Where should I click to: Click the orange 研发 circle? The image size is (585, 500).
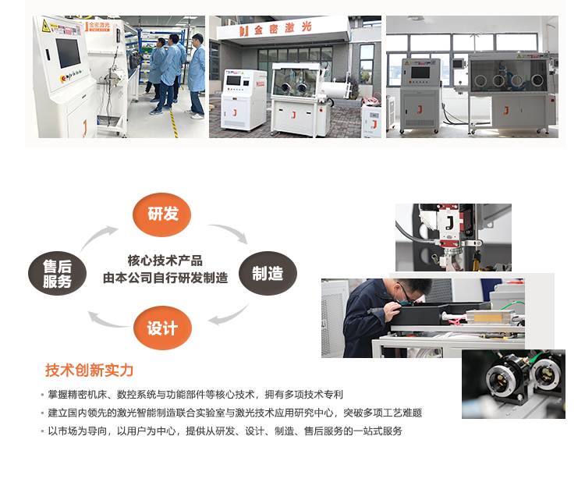162,215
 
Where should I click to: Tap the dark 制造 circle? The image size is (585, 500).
268,273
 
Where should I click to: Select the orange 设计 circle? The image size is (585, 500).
162,328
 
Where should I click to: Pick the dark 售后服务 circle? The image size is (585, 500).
57,273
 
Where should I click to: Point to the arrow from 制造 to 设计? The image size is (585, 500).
232,316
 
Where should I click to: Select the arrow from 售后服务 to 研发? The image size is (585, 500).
96,236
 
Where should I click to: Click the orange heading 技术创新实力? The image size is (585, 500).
89,371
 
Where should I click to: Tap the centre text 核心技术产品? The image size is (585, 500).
165,261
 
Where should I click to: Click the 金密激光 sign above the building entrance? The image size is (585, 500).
275,28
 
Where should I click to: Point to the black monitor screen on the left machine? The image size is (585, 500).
68,52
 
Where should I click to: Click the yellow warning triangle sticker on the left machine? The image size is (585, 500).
46,26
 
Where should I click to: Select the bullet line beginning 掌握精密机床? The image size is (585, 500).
195,395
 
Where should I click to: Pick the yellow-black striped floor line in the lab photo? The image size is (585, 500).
173,123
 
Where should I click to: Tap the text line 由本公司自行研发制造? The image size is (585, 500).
165,278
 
